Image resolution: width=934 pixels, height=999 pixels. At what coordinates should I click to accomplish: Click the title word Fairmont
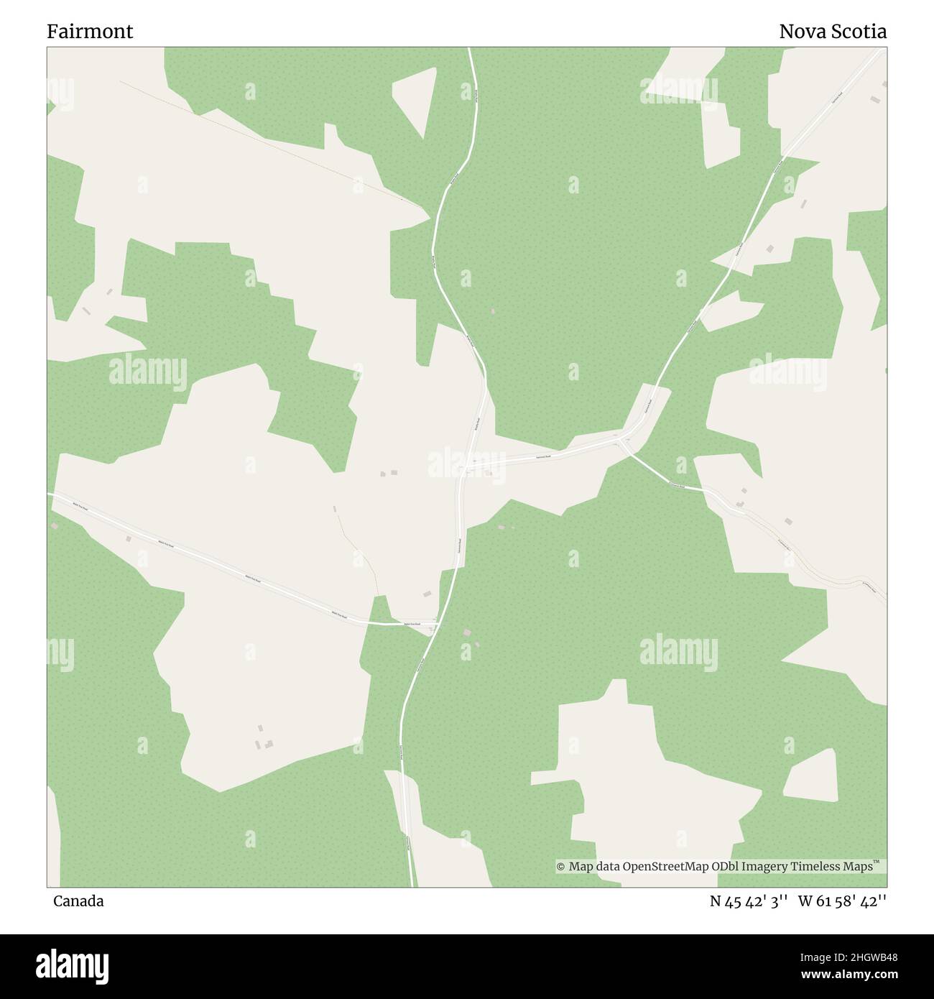(x=90, y=32)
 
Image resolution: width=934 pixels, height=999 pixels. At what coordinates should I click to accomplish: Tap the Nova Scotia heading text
(x=833, y=32)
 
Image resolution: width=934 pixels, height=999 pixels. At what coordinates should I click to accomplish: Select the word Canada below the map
(x=78, y=901)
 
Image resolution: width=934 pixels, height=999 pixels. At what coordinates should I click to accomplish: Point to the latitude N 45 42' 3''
(x=750, y=901)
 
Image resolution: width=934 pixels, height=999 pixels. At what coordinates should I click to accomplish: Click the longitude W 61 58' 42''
(x=842, y=901)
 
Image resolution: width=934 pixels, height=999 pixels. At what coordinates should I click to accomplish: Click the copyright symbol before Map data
(x=561, y=867)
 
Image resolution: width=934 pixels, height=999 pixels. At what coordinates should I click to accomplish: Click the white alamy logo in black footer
(x=73, y=965)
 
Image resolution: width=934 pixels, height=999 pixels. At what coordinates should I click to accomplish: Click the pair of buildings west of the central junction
(x=389, y=473)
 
